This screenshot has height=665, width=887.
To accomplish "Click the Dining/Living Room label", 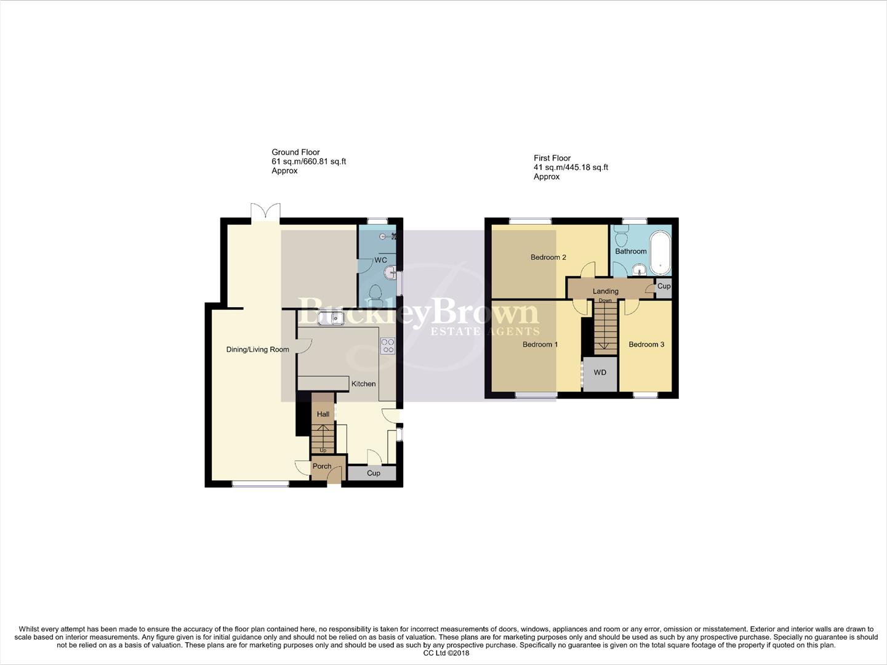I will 257,350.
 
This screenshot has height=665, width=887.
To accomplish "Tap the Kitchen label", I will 363,384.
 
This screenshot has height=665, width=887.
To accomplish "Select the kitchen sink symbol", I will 331,318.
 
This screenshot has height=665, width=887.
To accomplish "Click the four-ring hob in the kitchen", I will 388,346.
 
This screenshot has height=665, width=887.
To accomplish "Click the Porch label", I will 322,466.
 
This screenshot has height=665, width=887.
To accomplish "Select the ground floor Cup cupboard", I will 373,473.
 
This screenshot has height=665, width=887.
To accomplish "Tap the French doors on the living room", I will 266,211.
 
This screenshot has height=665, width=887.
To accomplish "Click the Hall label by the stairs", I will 323,414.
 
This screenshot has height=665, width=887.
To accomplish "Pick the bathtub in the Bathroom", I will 660,252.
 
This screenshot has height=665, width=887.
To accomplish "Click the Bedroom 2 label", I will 548,257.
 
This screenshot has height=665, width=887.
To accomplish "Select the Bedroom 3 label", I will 646,344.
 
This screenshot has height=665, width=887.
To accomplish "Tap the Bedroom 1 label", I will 540,344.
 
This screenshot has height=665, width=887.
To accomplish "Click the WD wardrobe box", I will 600,373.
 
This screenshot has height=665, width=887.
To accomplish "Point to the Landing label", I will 605,291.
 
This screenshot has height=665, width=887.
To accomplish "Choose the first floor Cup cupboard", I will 664,286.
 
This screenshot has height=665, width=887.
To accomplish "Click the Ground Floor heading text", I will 295,152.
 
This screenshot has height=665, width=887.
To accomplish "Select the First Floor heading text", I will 552,158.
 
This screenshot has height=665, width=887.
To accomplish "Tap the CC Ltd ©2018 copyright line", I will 446,653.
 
